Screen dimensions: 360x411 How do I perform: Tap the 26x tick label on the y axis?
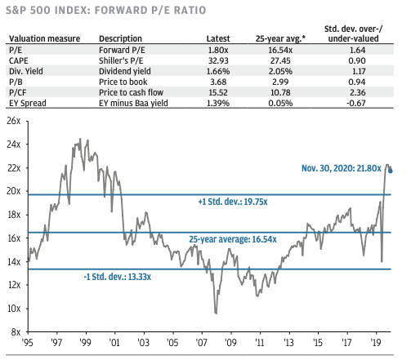tap(12, 120)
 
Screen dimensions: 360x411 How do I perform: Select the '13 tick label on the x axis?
tap(285, 344)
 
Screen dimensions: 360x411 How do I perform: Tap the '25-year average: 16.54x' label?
tap(233, 240)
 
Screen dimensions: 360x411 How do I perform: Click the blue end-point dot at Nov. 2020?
tap(391, 171)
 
